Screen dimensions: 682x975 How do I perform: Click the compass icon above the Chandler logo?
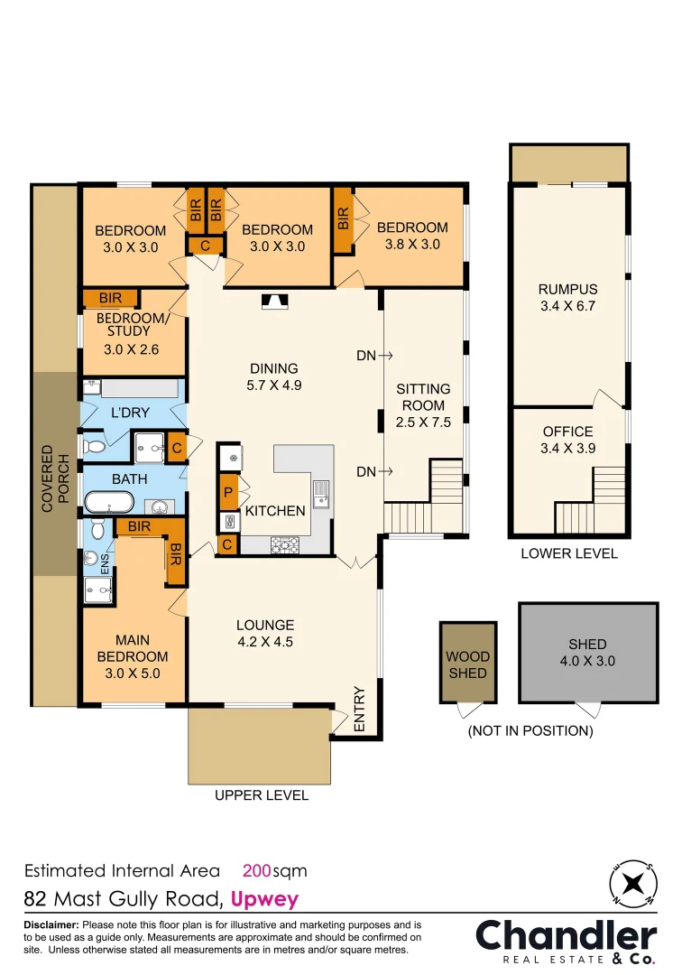633,884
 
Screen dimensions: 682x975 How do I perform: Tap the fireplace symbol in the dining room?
274,302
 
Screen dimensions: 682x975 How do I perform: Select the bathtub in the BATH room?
109,502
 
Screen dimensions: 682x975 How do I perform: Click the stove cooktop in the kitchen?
285,545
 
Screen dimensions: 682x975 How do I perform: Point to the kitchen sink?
321,495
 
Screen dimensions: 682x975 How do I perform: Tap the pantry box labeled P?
228,493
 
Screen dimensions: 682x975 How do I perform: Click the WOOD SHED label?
467,664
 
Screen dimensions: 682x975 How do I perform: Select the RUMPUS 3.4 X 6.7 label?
567,297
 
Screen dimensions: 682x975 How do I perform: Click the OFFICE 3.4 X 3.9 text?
567,440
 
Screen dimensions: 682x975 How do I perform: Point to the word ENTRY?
360,709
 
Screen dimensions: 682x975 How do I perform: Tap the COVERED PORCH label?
55,478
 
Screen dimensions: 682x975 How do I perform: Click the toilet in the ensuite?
97,529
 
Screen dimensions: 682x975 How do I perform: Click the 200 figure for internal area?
257,870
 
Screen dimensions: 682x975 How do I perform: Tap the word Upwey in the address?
264,900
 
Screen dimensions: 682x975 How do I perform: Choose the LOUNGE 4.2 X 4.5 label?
265,633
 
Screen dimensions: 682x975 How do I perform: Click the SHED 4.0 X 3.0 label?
587,653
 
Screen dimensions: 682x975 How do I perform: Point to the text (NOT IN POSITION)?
530,730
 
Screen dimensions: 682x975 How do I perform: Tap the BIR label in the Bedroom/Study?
110,298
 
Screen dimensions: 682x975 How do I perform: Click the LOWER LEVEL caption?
569,553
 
